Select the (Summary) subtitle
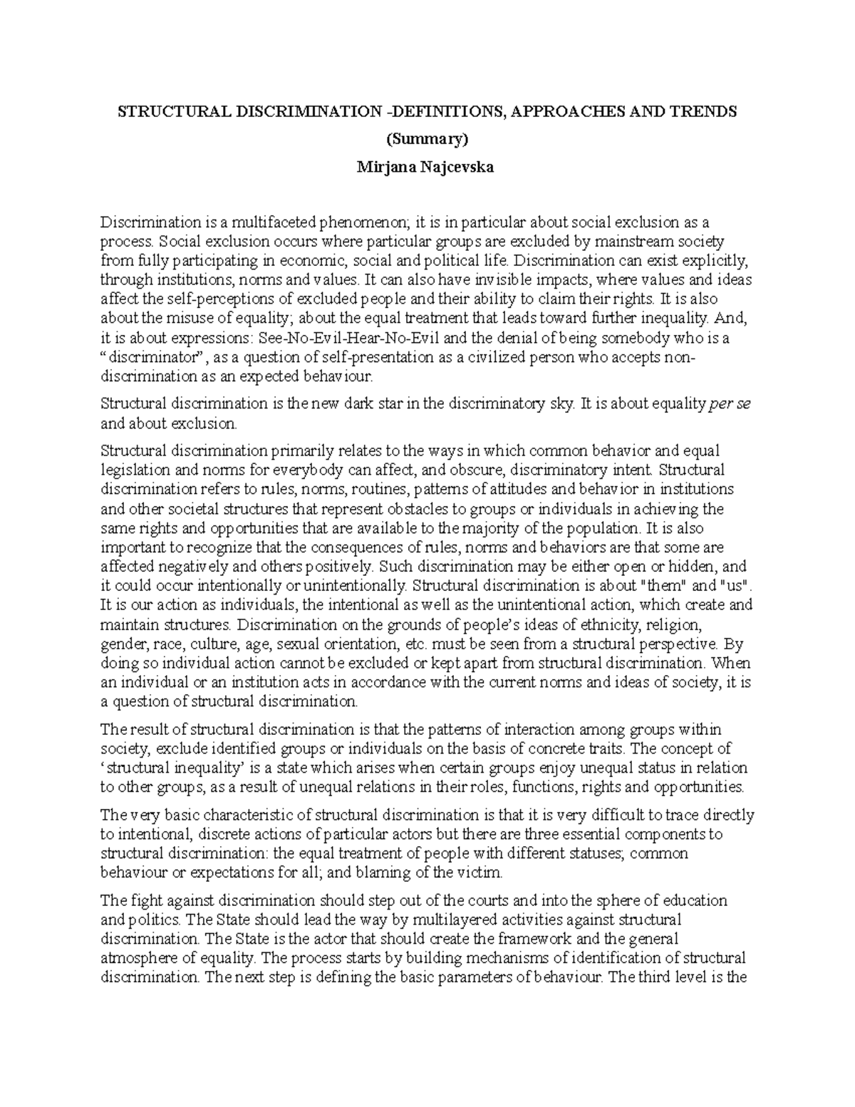(427, 139)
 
